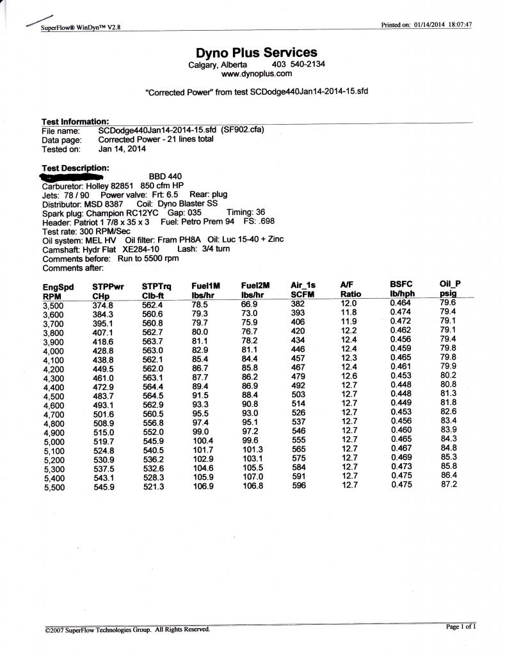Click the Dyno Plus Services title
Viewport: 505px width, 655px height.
point(256,53)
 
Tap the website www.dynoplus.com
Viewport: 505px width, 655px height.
point(256,74)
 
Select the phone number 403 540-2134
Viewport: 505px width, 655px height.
point(298,65)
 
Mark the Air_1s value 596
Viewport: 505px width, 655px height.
point(299,485)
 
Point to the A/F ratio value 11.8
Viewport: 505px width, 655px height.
point(349,313)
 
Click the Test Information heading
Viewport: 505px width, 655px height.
point(75,122)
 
